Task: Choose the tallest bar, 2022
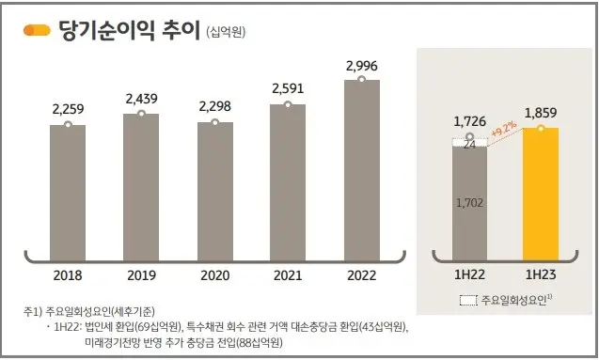pyautogui.click(x=362, y=164)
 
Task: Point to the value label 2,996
pyautogui.click(x=362, y=66)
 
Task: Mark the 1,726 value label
pyautogui.click(x=469, y=122)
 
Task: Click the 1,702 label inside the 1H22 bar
pyautogui.click(x=469, y=201)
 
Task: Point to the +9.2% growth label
pyautogui.click(x=504, y=129)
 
